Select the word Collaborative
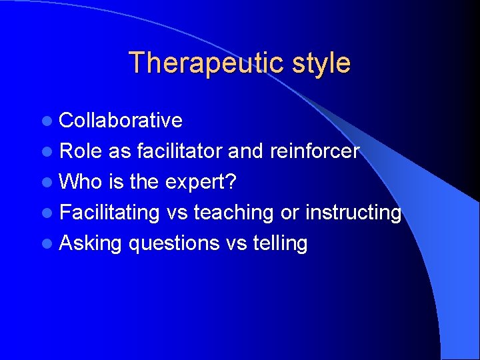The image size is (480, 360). click(121, 120)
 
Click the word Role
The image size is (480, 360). click(81, 151)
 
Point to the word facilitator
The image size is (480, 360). click(179, 151)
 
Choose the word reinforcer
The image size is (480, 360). click(315, 151)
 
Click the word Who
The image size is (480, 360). click(79, 181)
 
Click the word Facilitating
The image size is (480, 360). click(109, 213)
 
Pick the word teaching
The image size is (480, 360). click(233, 213)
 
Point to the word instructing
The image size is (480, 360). click(353, 213)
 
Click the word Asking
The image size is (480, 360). click(91, 243)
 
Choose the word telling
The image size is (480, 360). click(280, 243)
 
